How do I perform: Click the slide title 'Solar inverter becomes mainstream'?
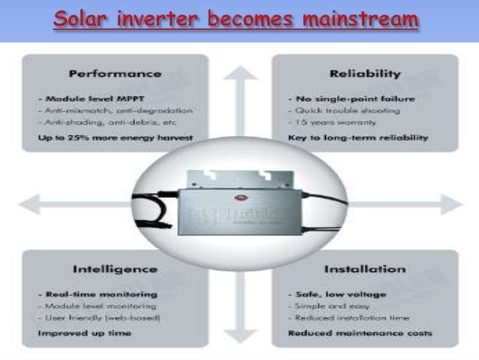coord(235,19)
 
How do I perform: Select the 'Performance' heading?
coord(115,74)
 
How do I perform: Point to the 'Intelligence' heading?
coord(115,269)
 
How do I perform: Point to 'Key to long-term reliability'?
coord(358,138)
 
